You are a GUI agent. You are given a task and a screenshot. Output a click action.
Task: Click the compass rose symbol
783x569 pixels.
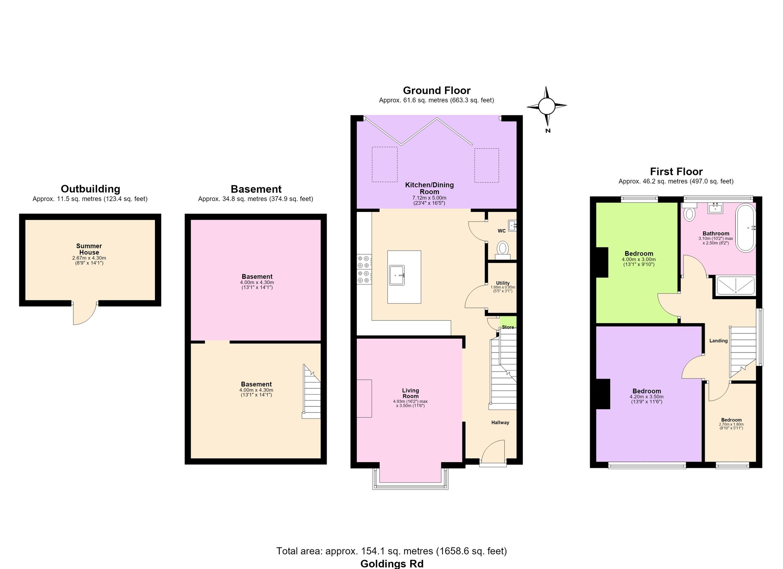(546, 106)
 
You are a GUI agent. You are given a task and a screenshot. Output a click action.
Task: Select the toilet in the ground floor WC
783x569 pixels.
(502, 250)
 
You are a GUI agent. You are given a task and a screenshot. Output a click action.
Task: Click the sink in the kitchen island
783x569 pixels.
(397, 275)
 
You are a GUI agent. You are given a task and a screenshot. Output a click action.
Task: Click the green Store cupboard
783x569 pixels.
(508, 322)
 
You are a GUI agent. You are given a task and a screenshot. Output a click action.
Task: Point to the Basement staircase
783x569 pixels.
(311, 391)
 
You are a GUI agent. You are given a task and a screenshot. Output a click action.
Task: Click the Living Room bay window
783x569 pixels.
(410, 479)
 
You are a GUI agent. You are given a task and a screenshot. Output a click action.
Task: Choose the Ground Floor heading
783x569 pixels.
(436, 90)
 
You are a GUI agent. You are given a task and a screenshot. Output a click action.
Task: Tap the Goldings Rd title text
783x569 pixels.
(392, 564)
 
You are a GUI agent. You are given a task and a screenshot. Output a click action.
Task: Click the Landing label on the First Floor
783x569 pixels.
(718, 341)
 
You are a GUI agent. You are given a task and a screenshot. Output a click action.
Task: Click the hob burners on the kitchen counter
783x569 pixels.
(364, 269)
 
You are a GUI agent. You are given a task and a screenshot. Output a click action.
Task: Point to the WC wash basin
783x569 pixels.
(512, 225)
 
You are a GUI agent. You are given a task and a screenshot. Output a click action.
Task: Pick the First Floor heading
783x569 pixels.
(676, 172)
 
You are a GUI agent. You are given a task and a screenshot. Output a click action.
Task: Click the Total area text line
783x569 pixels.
(391, 551)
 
